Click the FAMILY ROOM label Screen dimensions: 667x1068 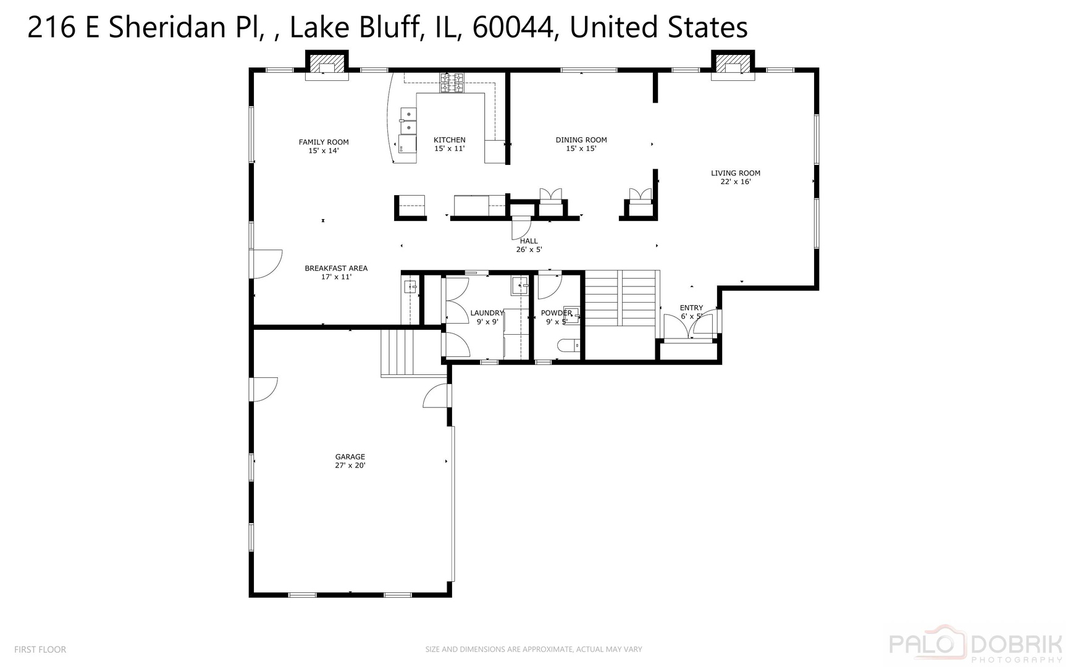pyautogui.click(x=324, y=142)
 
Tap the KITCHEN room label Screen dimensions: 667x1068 pyautogui.click(x=449, y=140)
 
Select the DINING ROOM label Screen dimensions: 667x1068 pyautogui.click(x=581, y=140)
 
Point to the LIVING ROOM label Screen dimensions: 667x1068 pyautogui.click(x=735, y=174)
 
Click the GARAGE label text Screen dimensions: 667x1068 pyautogui.click(x=350, y=457)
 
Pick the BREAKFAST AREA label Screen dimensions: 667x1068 pyautogui.click(x=336, y=269)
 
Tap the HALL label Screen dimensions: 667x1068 pyautogui.click(x=529, y=241)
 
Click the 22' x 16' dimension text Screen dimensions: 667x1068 pyautogui.click(x=735, y=182)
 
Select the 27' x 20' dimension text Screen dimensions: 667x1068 pyautogui.click(x=350, y=466)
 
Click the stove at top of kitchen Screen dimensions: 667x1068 pyautogui.click(x=452, y=83)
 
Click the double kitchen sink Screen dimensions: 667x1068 pyautogui.click(x=408, y=120)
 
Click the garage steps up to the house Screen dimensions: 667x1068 pyautogui.click(x=397, y=353)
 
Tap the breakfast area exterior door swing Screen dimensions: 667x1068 pyautogui.click(x=267, y=264)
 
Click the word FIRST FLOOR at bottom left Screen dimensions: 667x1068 pyautogui.click(x=40, y=650)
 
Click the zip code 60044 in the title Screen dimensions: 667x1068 pyautogui.click(x=512, y=28)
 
